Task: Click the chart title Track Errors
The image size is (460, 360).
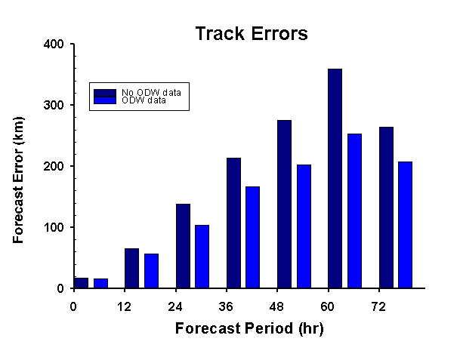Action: pos(252,33)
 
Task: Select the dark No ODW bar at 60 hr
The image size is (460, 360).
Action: pos(335,179)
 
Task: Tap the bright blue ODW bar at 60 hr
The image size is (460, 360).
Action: pos(354,211)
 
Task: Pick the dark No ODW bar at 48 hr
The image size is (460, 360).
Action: pos(284,204)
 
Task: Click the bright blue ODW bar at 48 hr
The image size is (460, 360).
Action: pos(304,226)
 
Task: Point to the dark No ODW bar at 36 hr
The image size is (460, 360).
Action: pos(234,223)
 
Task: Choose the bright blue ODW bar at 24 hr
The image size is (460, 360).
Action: pos(202,257)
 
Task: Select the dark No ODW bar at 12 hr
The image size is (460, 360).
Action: pos(131,268)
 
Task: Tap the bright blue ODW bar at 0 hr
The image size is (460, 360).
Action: pos(100,283)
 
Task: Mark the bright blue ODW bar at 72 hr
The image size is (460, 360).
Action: pos(405,225)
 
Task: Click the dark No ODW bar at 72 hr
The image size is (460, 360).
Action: pos(386,208)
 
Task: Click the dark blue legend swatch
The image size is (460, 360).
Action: pos(105,93)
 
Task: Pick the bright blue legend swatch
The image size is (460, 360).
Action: pos(105,100)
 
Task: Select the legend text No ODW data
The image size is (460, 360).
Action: pos(151,92)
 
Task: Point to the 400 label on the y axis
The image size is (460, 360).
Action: pos(54,45)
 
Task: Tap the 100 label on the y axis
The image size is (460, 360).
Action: pos(54,227)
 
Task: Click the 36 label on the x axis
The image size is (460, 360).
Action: pos(226,307)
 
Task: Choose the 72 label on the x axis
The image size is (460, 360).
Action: pos(378,307)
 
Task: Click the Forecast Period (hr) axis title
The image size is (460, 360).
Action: pos(249,328)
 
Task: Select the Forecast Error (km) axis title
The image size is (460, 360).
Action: pos(18,180)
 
